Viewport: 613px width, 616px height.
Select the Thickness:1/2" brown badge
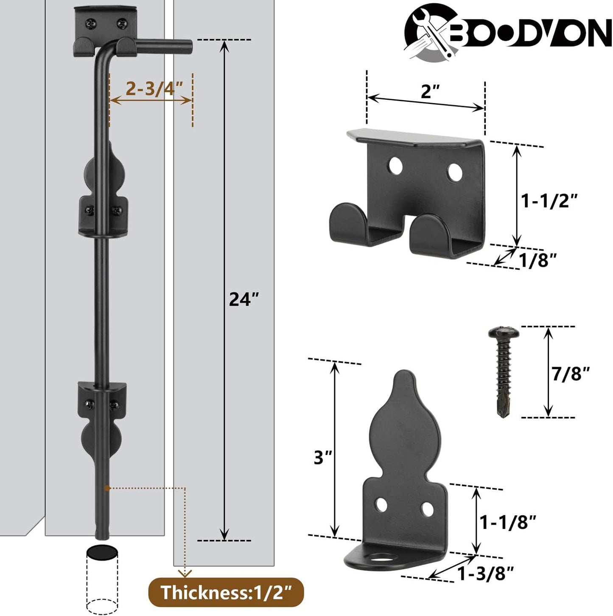[226, 592]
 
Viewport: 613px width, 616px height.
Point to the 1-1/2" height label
[549, 200]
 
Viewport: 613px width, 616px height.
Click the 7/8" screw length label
[571, 374]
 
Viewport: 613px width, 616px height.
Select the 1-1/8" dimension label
[508, 522]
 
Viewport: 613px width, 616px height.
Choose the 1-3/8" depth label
[485, 574]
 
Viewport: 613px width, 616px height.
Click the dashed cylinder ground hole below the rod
[102, 582]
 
